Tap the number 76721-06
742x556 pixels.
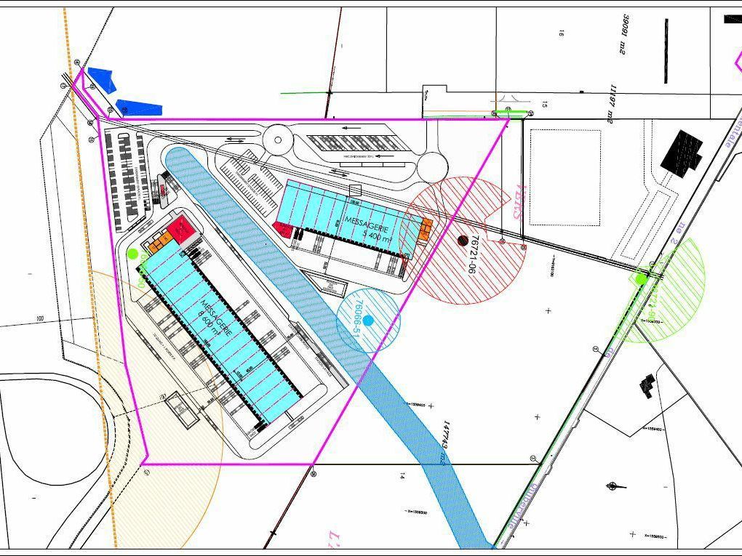click(474, 254)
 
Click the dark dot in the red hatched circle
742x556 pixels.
click(463, 241)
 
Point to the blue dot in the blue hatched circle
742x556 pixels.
click(368, 320)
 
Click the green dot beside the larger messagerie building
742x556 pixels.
click(132, 254)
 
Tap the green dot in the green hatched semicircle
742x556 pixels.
click(641, 278)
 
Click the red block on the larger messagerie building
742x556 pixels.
click(179, 232)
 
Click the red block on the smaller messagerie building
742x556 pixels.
click(284, 230)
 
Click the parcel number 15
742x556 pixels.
click(543, 105)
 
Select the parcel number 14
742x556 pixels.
click(402, 476)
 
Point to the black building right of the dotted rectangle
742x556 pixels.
click(682, 150)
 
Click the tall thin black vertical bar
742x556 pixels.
click(666, 50)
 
